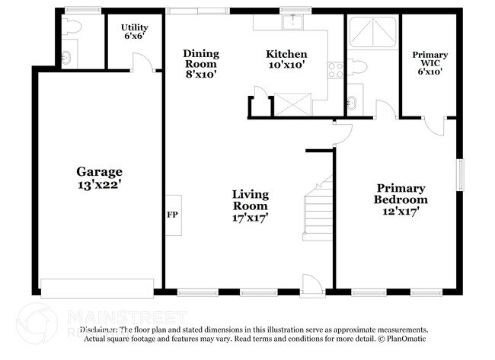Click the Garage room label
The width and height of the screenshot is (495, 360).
99,172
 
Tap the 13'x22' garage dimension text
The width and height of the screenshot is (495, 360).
99,185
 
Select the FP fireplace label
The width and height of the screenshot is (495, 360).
172,214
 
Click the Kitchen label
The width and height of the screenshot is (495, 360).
286,54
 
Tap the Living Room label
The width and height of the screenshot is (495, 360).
250,200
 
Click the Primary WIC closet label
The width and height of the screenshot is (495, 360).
430,60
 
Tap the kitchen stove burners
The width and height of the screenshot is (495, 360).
335,71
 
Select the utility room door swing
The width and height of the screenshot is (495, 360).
141,62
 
